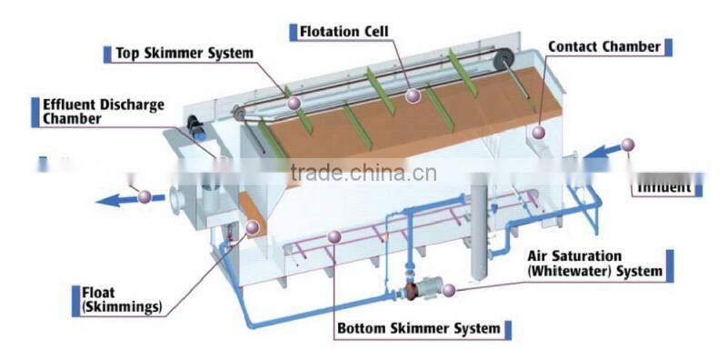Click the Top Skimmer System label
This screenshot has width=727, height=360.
point(184,53)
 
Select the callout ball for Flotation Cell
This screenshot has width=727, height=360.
point(413,95)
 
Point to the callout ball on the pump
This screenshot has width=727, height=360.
point(448,291)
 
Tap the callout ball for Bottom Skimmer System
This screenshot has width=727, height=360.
point(334,237)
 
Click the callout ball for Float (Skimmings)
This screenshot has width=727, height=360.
point(252,228)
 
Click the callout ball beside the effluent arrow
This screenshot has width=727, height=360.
point(144,195)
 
